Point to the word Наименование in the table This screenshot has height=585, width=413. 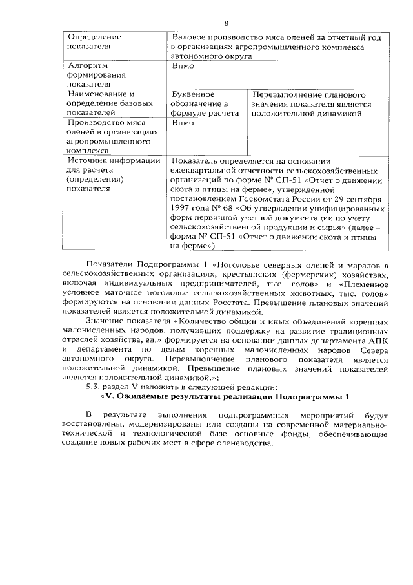tap(97, 94)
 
